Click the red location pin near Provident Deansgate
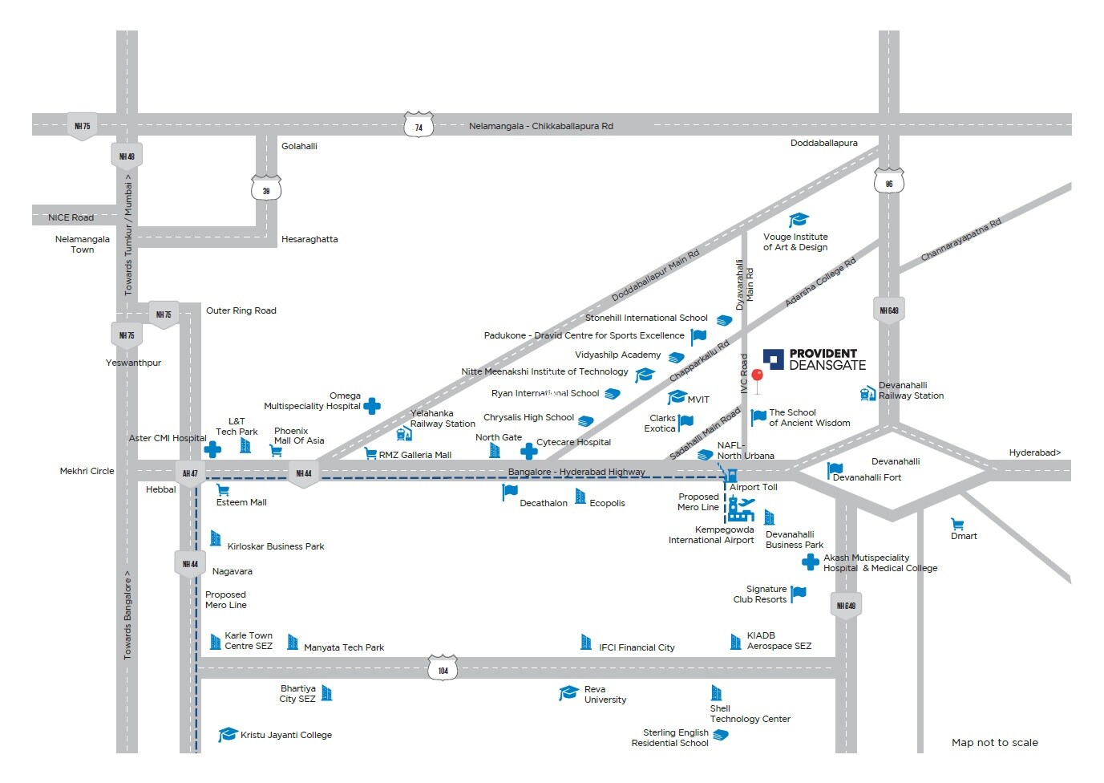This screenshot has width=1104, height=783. coord(757,377)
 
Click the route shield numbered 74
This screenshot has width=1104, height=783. coord(419,126)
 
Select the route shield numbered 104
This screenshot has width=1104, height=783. coord(443,669)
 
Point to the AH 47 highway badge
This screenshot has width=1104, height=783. coord(190,473)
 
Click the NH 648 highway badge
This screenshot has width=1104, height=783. coord(888,310)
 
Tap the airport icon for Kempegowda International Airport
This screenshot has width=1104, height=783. coord(740,509)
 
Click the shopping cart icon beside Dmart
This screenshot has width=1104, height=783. coord(957,524)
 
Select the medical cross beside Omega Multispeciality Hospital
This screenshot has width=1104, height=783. coord(372,406)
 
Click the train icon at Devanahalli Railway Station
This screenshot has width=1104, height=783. coord(867,393)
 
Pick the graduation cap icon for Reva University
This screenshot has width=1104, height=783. coord(568,692)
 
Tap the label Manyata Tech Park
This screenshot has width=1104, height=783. coord(344,647)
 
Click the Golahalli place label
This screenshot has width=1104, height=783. coord(299,146)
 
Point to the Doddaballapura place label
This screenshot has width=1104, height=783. coord(823,143)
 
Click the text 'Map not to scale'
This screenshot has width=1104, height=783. coord(994,742)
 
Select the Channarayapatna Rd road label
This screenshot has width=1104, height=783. coord(960,240)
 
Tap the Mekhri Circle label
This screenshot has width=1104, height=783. coord(87,471)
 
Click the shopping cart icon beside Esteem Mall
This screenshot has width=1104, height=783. coord(224,489)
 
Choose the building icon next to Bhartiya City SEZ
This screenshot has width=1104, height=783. coord(326,693)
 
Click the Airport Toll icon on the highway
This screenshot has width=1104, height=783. coord(731,476)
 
